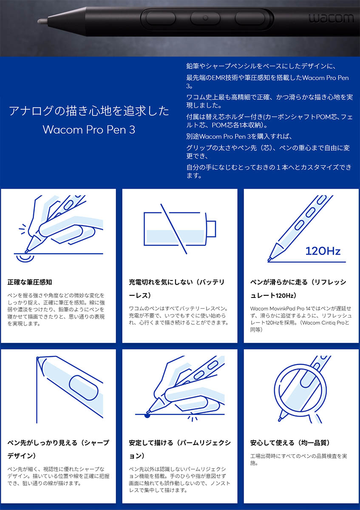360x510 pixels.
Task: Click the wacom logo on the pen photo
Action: click(x=331, y=18)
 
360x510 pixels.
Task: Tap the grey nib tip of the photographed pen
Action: click(x=43, y=21)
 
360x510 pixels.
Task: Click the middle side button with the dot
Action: click(x=205, y=18)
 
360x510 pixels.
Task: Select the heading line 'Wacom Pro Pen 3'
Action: click(x=89, y=130)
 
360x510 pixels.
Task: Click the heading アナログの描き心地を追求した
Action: click(x=89, y=111)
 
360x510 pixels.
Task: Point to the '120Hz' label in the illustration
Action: click(x=323, y=251)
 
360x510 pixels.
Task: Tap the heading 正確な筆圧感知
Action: click(x=30, y=282)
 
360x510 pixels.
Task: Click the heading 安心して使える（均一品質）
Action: click(x=290, y=443)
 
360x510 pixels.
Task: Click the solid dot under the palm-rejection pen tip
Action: click(x=147, y=416)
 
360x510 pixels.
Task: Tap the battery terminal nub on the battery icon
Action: click(x=211, y=229)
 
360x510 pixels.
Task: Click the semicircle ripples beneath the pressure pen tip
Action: click(x=25, y=258)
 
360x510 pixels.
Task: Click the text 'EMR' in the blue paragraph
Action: click(x=218, y=78)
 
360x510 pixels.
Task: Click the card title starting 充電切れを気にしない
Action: click(x=177, y=289)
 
